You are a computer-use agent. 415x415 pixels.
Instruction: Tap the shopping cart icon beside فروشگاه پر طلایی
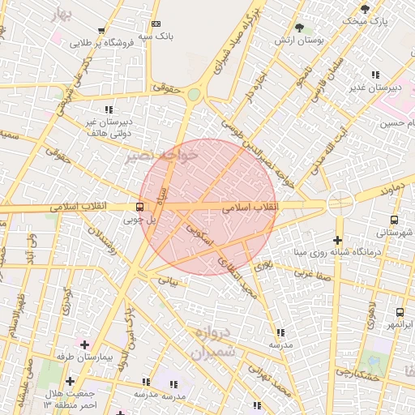(x=101, y=31)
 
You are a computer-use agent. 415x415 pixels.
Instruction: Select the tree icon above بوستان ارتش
(x=299, y=27)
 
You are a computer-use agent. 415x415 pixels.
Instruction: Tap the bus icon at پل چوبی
(x=140, y=206)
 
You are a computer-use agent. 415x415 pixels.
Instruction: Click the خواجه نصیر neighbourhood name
(x=161, y=155)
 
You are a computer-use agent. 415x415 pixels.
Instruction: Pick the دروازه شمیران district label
(x=215, y=343)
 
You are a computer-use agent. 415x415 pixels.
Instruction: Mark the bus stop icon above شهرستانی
(x=394, y=219)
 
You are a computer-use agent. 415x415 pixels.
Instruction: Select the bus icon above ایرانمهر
(x=400, y=312)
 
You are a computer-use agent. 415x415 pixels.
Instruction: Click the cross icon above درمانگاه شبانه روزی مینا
(x=338, y=240)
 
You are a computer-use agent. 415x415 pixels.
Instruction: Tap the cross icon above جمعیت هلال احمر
(x=71, y=381)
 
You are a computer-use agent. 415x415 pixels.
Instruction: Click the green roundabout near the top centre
(x=193, y=95)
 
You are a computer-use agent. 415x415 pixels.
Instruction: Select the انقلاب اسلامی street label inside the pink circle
(x=251, y=207)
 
